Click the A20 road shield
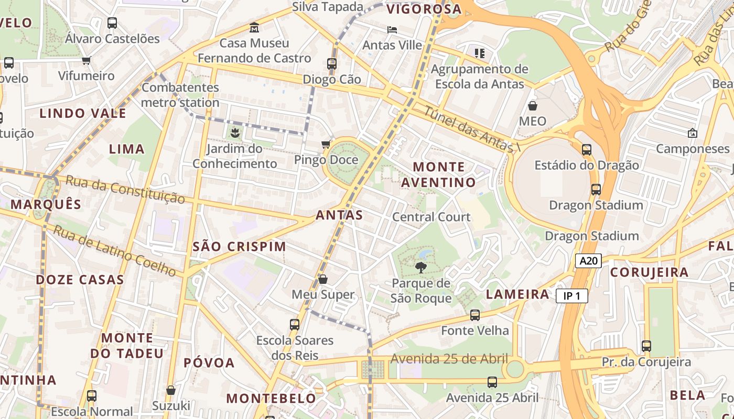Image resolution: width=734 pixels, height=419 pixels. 588,261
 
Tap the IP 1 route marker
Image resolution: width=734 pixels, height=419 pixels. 571,296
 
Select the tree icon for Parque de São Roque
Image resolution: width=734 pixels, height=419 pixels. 420,268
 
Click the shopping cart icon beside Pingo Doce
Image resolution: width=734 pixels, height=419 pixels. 326,144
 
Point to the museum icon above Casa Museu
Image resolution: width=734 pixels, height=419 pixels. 254,27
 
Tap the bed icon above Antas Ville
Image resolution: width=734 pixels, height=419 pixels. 392,29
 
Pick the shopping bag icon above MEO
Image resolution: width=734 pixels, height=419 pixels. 533,106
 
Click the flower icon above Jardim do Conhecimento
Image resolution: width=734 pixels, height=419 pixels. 234,133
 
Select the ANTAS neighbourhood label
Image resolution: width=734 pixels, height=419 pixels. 339,215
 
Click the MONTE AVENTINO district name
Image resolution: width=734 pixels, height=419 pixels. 439,174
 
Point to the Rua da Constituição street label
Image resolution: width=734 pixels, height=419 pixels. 126,189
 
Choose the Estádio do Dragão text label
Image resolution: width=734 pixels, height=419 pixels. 586,166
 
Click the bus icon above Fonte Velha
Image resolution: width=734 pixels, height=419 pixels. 475,315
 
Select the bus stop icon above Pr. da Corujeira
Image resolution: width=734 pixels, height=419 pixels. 646,346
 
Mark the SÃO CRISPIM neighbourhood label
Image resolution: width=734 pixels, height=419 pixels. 240,246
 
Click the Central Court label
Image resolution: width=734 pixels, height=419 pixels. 431,217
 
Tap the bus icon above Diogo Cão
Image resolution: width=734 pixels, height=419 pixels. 332,64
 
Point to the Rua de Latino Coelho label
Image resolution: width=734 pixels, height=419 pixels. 115,250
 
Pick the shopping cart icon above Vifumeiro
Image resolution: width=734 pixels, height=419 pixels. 87,60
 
